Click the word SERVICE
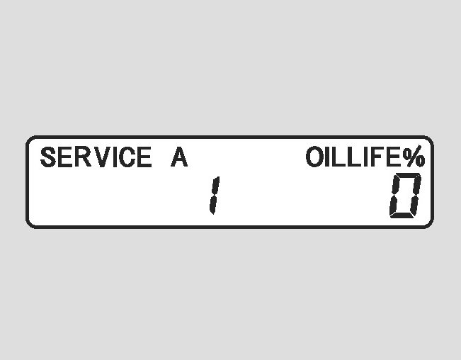(96, 157)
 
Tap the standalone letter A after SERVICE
(179, 157)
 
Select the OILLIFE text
(354, 157)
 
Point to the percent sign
(414, 157)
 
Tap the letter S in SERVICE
(48, 157)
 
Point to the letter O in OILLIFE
(315, 157)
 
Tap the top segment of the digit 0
(409, 175)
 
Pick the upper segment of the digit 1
(215, 186)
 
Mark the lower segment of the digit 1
(211, 205)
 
